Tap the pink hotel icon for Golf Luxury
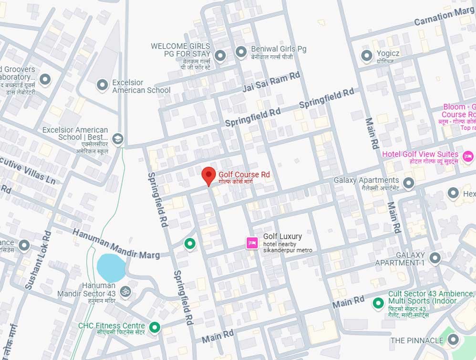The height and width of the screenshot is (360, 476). coord(251,243)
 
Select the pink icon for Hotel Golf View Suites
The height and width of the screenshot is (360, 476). coord(468,156)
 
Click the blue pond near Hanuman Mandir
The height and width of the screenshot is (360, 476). coord(111,268)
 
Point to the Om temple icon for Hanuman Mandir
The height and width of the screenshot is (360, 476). coord(125,291)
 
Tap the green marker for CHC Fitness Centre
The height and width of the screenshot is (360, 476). coord(154,328)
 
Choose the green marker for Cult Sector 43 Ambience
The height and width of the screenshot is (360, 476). coord(378,303)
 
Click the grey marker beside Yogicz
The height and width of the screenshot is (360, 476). coord(366,56)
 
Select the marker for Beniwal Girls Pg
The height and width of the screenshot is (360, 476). coord(242,51)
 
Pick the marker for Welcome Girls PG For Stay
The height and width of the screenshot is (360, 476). coord(220,56)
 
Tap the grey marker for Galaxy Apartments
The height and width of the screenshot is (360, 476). coord(408,183)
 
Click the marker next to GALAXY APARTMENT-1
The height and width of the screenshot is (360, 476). coord(435,258)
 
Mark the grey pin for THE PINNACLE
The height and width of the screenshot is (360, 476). coord(453,340)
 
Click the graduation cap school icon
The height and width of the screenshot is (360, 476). coord(117,139)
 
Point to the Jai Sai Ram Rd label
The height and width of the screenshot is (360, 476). coord(271,83)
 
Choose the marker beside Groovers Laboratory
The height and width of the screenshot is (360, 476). coord(45,79)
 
